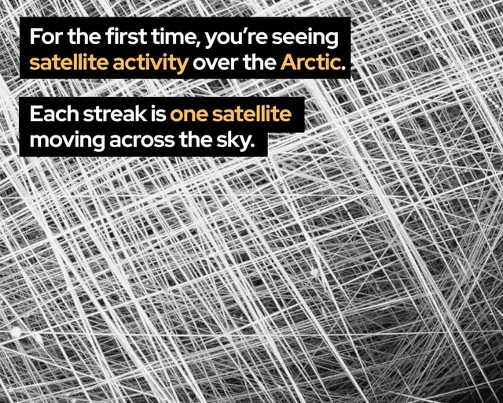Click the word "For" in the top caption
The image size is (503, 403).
click(47, 37)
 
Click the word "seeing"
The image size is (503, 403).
click(305, 39)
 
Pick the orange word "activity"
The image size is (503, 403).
click(150, 63)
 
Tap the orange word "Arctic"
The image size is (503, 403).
click(310, 63)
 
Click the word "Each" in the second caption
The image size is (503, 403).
click(54, 114)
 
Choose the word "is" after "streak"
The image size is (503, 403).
click(159, 114)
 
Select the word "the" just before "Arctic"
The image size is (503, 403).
click(260, 63)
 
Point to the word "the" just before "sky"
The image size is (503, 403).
click(196, 140)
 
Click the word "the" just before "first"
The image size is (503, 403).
click(85, 37)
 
